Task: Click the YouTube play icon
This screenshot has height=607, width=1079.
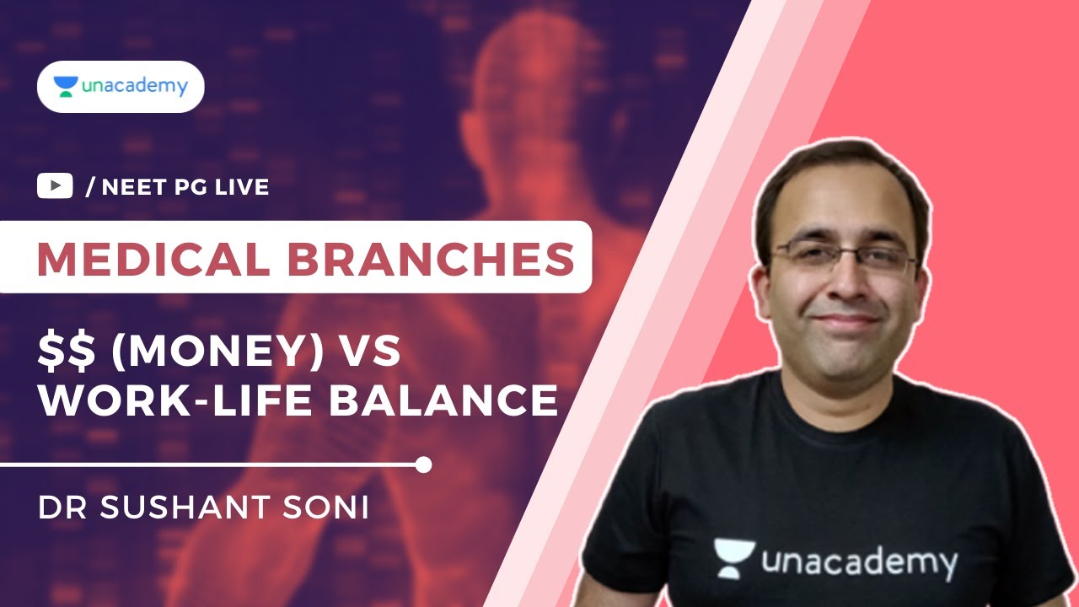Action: (55, 186)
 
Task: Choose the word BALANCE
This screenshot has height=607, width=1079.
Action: (443, 401)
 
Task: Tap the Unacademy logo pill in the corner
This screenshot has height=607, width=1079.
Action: (121, 87)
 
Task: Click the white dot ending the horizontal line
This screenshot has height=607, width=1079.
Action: (424, 465)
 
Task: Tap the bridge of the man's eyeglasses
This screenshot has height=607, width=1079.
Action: (845, 251)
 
